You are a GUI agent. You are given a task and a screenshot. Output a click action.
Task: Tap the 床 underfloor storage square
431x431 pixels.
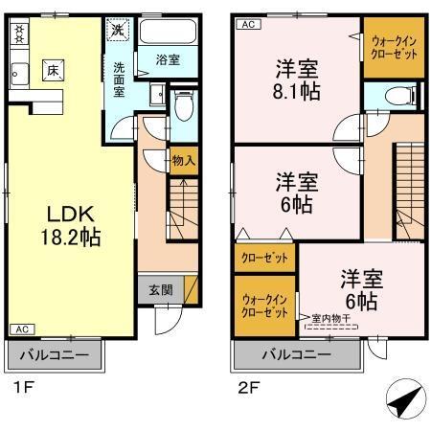tap(52, 70)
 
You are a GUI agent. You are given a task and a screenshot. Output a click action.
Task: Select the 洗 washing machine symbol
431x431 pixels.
tap(116, 30)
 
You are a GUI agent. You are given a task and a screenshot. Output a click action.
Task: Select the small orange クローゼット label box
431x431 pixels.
tap(264, 258)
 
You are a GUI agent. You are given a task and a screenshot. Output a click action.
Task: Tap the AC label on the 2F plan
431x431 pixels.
tap(245, 24)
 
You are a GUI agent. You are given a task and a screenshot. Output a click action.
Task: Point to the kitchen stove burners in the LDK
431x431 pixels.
tap(18, 34)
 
